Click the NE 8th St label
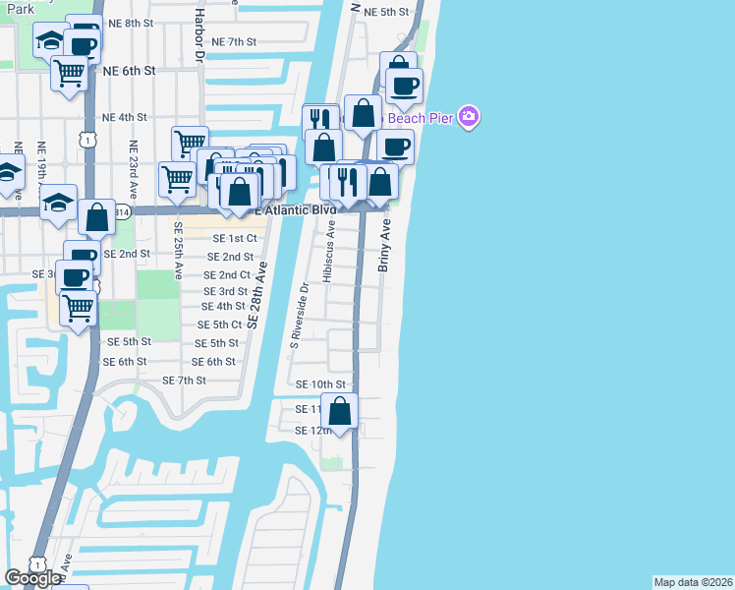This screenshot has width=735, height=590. [x=131, y=22]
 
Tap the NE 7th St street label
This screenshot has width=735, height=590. [x=233, y=42]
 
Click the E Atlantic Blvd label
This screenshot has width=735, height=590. [x=295, y=210]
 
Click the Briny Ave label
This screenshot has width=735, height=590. [x=385, y=246]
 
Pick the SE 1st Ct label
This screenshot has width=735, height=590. [x=235, y=238]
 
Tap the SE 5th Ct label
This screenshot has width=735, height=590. [x=219, y=324]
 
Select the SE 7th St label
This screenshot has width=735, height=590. [x=184, y=381]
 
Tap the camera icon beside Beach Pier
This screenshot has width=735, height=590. [x=469, y=118]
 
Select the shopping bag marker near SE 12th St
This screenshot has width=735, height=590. [x=340, y=411]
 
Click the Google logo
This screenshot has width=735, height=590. [x=32, y=578]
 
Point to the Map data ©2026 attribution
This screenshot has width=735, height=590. [x=694, y=582]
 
